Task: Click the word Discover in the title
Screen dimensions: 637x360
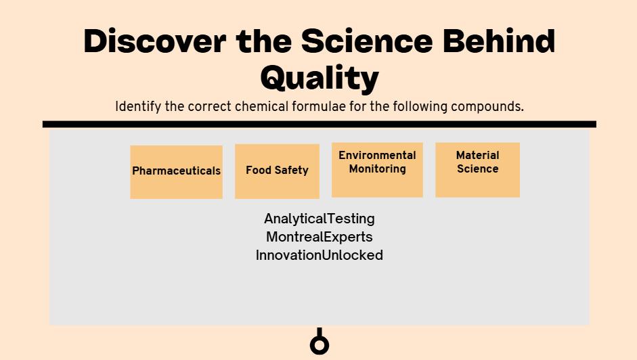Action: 155,41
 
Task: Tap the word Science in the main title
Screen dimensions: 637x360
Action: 367,41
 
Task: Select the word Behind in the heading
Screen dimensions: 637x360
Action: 499,41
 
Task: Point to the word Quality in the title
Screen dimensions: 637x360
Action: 320,78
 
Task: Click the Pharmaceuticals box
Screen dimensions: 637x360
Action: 176,172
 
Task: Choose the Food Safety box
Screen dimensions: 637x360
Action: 277,171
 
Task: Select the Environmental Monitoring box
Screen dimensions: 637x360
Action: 378,170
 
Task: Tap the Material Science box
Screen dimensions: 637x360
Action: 477,170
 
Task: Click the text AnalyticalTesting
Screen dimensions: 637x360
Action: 320,219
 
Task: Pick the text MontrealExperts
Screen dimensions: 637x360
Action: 320,237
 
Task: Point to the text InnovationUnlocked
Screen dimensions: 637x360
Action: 320,255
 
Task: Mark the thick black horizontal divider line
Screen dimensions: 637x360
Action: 320,125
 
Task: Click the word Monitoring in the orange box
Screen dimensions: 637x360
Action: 378,169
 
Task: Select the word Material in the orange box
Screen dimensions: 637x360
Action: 477,155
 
